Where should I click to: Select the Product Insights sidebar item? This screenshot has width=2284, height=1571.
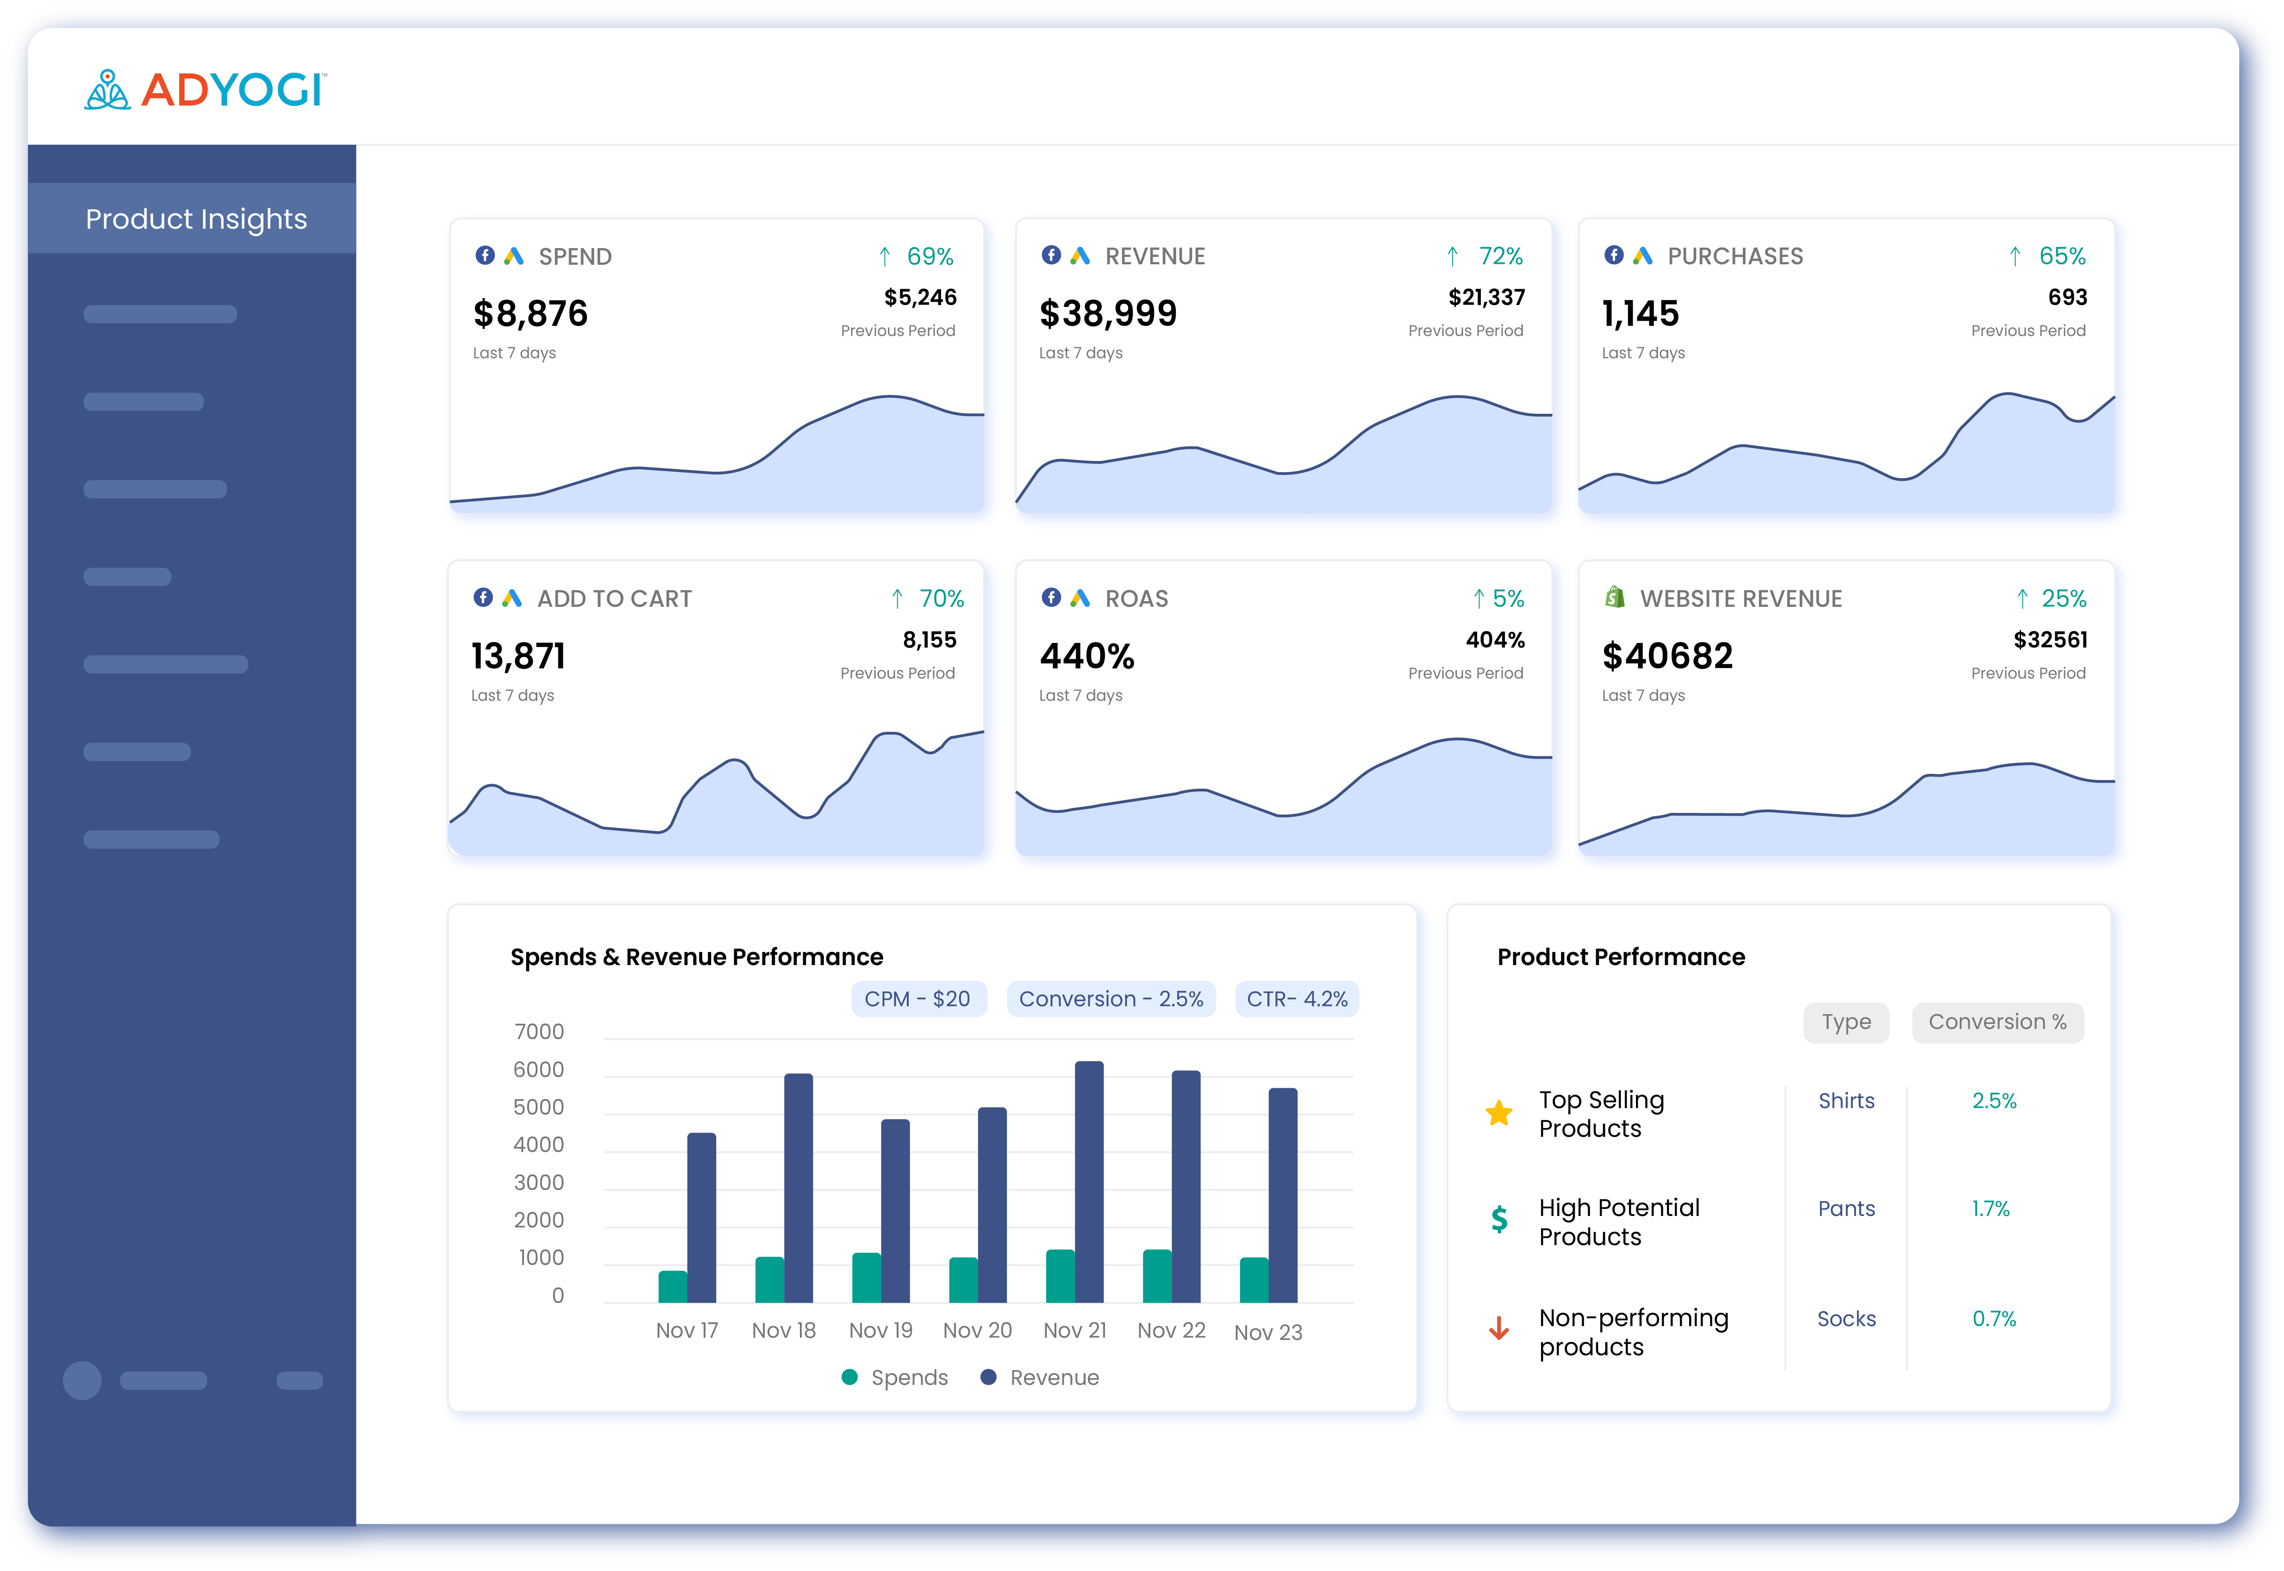pyautogui.click(x=196, y=218)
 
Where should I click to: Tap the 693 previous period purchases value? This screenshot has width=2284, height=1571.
pyautogui.click(x=2066, y=297)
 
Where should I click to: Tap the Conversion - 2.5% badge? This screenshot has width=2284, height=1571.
pyautogui.click(x=1111, y=999)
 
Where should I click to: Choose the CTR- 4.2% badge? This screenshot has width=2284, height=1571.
pyautogui.click(x=1297, y=999)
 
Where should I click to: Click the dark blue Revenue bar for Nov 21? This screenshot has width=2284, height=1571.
pyautogui.click(x=1089, y=1181)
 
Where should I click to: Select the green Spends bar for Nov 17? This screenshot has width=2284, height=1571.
pyautogui.click(x=673, y=1286)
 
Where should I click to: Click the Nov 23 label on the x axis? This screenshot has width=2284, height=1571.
pyautogui.click(x=1268, y=1333)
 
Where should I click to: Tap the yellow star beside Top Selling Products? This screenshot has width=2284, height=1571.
pyautogui.click(x=1498, y=1113)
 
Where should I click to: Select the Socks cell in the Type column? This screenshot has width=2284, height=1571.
pyautogui.click(x=1846, y=1319)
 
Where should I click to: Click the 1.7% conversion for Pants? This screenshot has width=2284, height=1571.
pyautogui.click(x=1990, y=1209)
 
